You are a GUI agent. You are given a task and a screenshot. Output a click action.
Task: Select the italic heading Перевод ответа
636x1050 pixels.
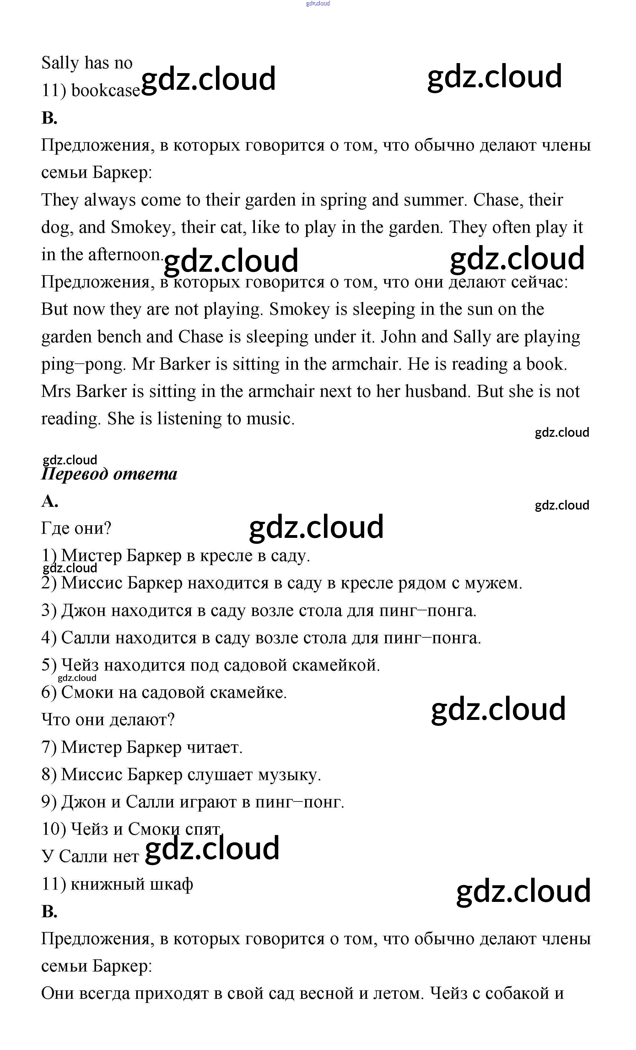(109, 474)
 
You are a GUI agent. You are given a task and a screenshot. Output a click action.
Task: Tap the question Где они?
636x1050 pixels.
(76, 528)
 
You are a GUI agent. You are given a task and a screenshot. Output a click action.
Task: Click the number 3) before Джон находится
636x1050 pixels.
(49, 611)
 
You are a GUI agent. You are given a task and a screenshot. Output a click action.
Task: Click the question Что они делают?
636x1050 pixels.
(108, 720)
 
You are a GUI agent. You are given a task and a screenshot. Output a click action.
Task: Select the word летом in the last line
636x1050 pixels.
(398, 993)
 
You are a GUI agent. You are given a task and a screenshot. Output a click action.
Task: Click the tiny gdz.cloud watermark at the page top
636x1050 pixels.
(318, 3)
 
